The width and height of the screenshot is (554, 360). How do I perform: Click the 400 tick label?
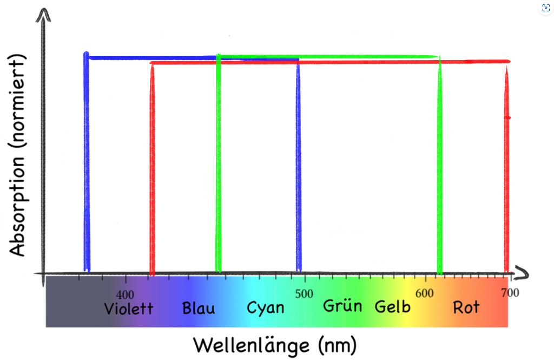coord(125,295)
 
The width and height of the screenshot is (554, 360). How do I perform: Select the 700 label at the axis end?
coord(509,293)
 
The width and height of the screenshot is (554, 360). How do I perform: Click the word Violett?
coord(129,309)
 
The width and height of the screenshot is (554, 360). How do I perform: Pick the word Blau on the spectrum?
coord(199,309)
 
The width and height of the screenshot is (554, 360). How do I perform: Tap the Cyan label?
coord(265,308)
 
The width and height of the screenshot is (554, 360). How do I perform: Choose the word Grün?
coord(342,306)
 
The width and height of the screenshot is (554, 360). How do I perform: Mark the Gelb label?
coord(393,307)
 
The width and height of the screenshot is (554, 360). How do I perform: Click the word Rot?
coord(466,307)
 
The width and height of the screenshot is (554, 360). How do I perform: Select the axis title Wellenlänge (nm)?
coord(275,344)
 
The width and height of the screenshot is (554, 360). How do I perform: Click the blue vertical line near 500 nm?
coord(299,162)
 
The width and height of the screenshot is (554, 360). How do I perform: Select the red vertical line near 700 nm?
coord(506,168)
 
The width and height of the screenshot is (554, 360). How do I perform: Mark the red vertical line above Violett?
coord(152,168)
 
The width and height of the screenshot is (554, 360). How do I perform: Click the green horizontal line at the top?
coord(325,56)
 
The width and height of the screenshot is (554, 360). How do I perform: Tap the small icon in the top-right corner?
coord(545,8)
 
